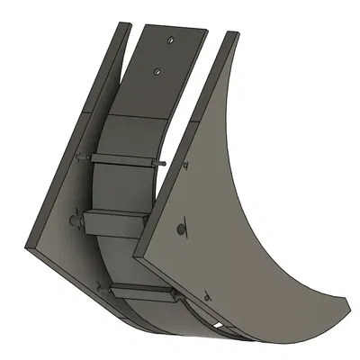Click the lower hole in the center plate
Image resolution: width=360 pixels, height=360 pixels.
[x=158, y=70]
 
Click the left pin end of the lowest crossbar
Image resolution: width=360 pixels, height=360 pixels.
[x=100, y=286]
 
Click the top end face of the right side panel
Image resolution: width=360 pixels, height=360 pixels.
[x=230, y=36]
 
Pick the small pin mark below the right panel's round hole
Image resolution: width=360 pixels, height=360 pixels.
[x=209, y=292]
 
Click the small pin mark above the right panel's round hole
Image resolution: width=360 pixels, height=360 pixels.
[x=184, y=166]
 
